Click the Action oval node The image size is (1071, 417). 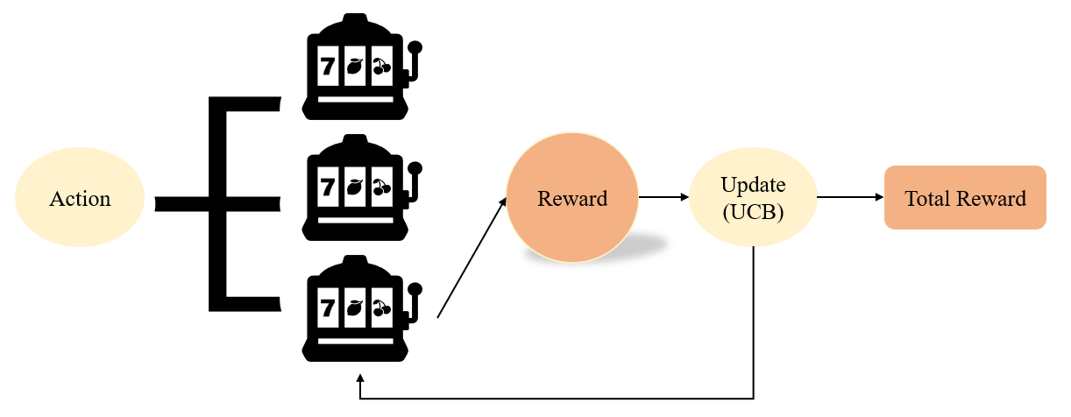tap(80, 199)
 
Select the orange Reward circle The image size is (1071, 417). tap(571, 198)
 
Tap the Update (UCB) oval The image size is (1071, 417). tap(753, 198)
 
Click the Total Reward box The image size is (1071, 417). tap(965, 198)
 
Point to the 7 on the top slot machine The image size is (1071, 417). tap(327, 66)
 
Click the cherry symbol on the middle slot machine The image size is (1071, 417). tap(381, 187)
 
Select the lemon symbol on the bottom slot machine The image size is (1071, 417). tap(354, 307)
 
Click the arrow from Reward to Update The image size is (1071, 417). tap(663, 198)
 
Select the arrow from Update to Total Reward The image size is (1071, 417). tap(849, 198)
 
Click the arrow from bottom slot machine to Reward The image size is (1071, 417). tap(472, 258)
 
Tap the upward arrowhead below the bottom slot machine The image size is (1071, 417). tap(360, 379)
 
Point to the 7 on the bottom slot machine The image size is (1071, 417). tap(327, 307)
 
